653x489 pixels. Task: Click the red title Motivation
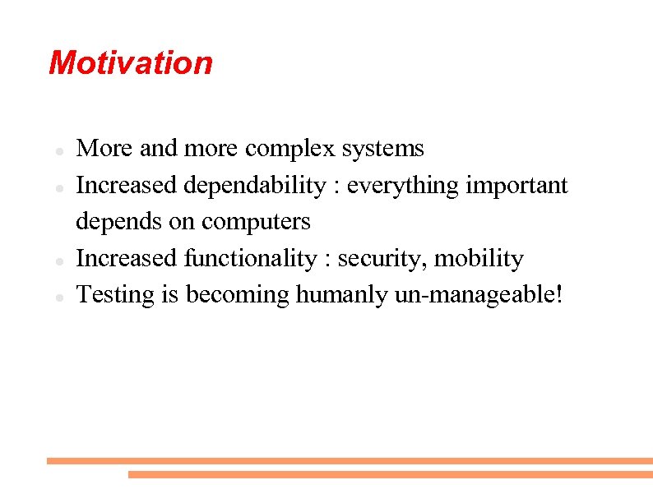[x=131, y=62]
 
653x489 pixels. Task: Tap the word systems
[x=382, y=149]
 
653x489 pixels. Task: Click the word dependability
[x=254, y=187]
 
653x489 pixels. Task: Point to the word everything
[x=404, y=187]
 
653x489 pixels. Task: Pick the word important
[x=516, y=186]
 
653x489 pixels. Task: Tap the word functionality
[x=250, y=259]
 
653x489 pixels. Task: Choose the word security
[x=382, y=259]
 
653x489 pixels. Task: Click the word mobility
[x=479, y=259]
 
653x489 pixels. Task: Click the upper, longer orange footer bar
[x=350, y=461]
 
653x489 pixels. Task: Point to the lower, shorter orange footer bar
[x=390, y=474]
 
